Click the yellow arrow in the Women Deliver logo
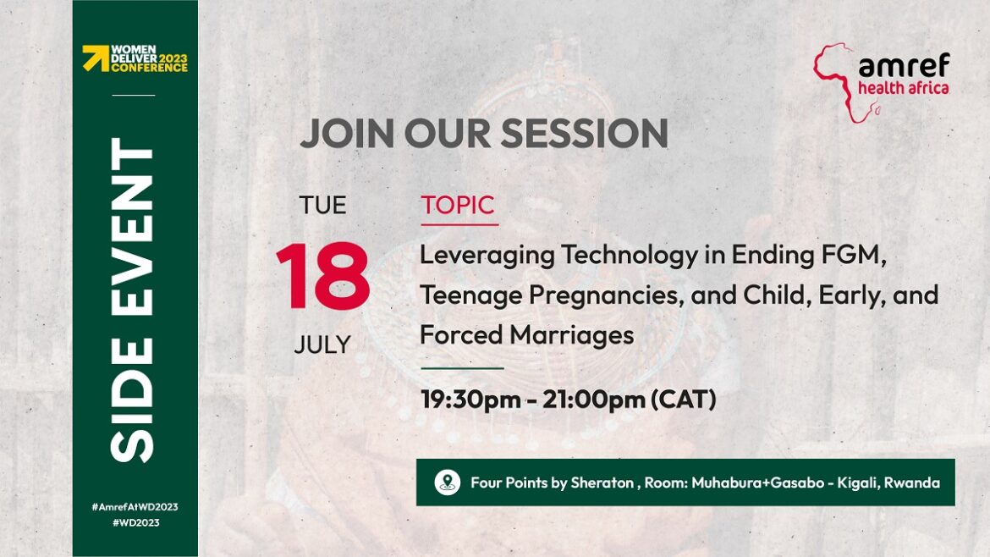point(96,58)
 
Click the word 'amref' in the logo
point(905,65)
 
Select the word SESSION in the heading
point(584,133)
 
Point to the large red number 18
point(322,276)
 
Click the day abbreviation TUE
point(322,205)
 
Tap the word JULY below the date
point(322,345)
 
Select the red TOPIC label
point(458,205)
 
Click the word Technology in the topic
point(630,256)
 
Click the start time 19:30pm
point(470,399)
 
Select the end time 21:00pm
point(593,399)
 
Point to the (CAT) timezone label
point(684,399)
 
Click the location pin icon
point(448,483)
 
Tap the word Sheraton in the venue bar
point(602,483)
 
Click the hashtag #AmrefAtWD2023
point(135,506)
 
